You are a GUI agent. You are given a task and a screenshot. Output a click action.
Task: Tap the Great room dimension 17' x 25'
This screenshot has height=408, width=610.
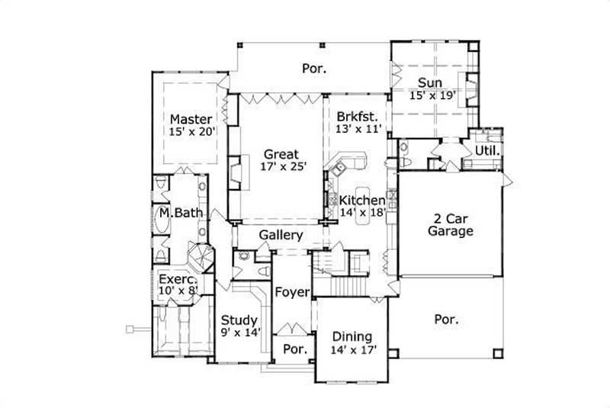pos(281,167)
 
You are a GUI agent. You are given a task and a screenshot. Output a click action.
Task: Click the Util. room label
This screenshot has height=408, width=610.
pos(487,150)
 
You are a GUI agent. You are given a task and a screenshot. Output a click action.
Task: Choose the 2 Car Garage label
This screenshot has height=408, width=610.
pos(450,224)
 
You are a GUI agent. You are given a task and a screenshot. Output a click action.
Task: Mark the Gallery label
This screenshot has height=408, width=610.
pos(281,236)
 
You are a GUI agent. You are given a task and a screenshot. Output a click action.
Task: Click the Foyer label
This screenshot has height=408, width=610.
pos(291,292)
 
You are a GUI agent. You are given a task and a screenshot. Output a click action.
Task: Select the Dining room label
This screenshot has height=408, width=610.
pos(352,336)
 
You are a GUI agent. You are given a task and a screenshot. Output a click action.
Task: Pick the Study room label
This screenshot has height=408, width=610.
pos(239,320)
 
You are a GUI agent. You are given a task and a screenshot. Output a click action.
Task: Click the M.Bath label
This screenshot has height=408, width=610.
pos(181,213)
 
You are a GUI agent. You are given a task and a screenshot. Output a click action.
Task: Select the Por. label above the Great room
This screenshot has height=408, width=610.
pos(313,68)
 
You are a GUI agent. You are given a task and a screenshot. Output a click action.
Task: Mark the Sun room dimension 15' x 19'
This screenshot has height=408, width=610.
pos(432,96)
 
